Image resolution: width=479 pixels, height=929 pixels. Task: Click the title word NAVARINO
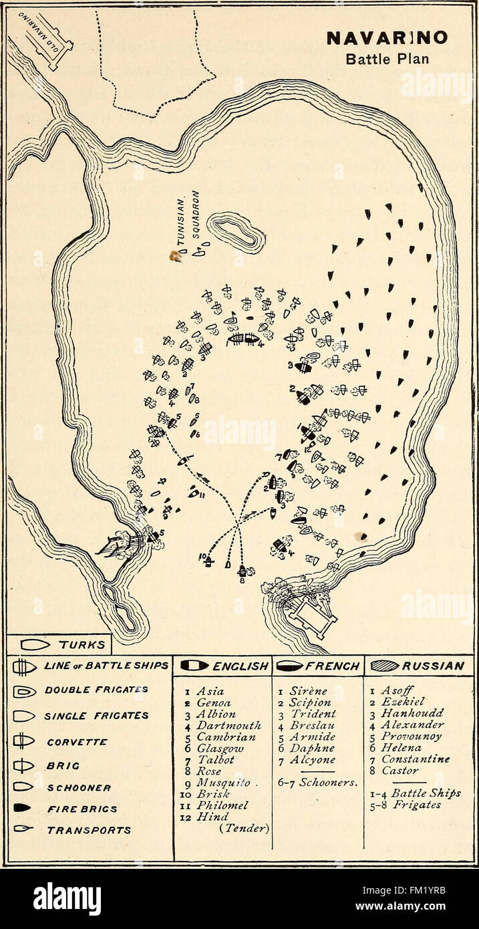[x=387, y=38]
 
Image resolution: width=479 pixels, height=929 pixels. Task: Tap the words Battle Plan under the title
[x=387, y=57]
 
